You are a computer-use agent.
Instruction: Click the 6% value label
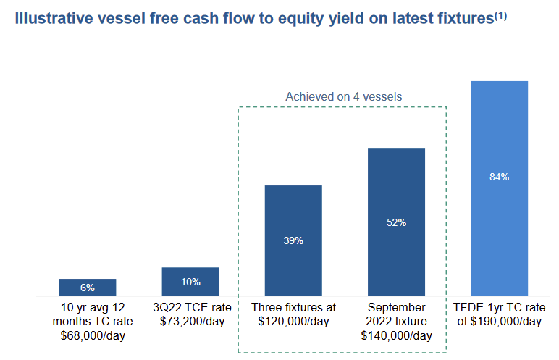[88, 288]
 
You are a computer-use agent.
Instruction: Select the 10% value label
[190, 282]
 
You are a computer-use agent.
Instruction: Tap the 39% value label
[293, 240]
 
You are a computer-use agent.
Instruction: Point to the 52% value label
[396, 222]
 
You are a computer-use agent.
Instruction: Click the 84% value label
[499, 177]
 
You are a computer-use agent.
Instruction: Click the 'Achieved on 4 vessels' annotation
[343, 96]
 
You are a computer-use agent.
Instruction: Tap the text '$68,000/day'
[88, 335]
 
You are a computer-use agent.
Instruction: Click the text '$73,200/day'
[190, 322]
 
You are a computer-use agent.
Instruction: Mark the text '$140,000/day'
[396, 335]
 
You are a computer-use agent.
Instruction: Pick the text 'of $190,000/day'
[499, 322]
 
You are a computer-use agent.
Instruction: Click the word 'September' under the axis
[396, 308]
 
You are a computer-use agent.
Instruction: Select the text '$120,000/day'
[293, 322]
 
